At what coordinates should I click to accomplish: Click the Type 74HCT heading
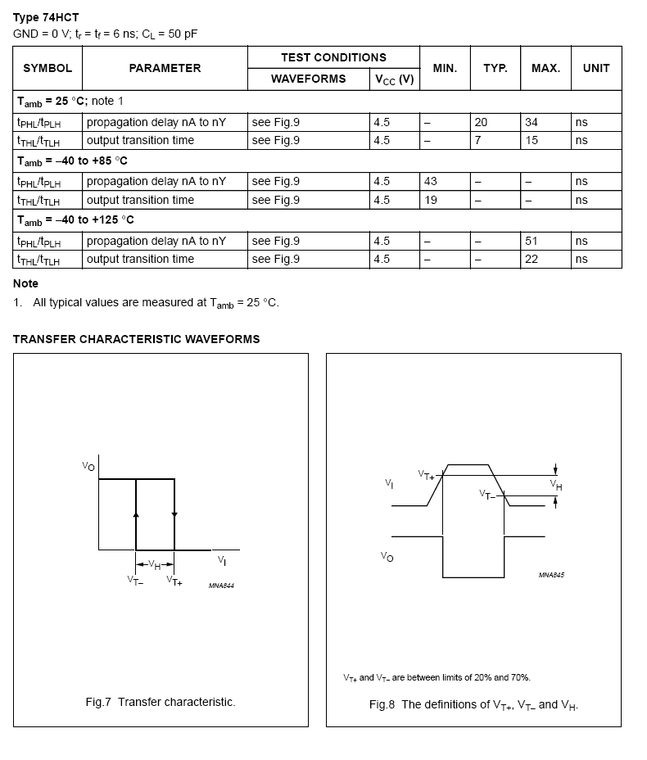46,17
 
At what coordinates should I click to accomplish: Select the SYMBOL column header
48,68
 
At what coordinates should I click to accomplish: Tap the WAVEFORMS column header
308,79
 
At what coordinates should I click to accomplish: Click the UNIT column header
595,68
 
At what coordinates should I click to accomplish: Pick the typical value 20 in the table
481,122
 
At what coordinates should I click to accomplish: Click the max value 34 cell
532,122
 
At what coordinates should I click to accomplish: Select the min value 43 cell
430,181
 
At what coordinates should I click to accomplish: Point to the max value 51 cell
532,241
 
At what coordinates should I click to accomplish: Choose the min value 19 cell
430,200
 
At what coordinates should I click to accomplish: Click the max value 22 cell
532,259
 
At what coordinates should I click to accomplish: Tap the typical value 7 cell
477,140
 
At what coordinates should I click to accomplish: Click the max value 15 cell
532,140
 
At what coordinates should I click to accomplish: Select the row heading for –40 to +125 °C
75,220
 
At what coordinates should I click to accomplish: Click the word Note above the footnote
25,283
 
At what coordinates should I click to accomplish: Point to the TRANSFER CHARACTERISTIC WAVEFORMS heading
136,339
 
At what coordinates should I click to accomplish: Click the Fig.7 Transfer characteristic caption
161,702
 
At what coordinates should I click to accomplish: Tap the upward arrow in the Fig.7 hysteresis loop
136,513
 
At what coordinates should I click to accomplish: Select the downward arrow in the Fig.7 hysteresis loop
174,513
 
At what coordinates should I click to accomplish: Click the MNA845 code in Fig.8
551,575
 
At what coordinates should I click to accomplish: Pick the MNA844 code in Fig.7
221,586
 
